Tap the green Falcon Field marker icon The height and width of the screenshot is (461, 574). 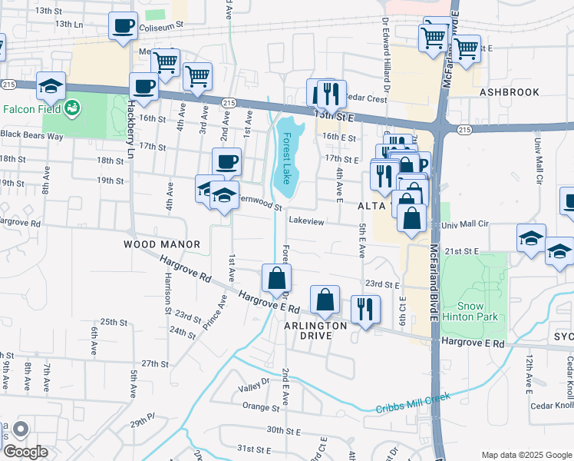pos(73,107)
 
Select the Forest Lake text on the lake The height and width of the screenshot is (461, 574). pos(285,158)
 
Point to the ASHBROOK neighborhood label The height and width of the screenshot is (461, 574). pos(510,92)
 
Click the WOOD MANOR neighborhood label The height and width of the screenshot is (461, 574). pos(162,244)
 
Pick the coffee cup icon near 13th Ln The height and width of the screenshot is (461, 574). pos(123,27)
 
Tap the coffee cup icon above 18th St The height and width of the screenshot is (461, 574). pos(226,162)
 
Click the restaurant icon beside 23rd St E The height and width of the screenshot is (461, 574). pos(365,309)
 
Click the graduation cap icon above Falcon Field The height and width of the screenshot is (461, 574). pos(51,86)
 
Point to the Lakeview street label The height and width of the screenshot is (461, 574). pos(306,221)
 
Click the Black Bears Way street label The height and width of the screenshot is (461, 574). pos(31,135)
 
